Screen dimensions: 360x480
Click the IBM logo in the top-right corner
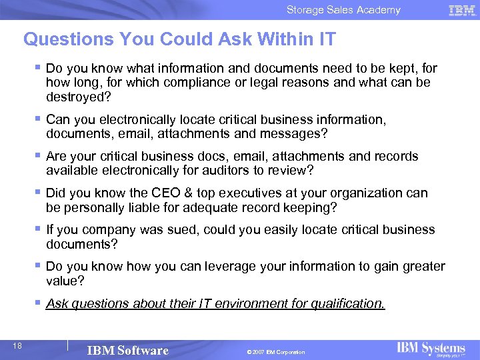461,10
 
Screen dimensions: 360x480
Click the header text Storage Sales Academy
343,10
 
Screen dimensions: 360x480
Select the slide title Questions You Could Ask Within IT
179,39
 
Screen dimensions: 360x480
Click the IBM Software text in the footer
128,351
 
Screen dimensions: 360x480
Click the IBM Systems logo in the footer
431,349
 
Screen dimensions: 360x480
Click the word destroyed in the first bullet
75,97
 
